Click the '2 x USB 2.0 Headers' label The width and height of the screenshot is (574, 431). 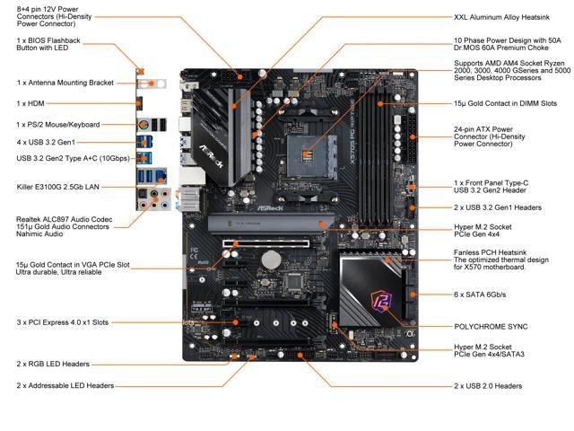coord(488,385)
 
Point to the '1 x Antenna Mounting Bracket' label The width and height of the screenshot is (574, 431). coord(65,83)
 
